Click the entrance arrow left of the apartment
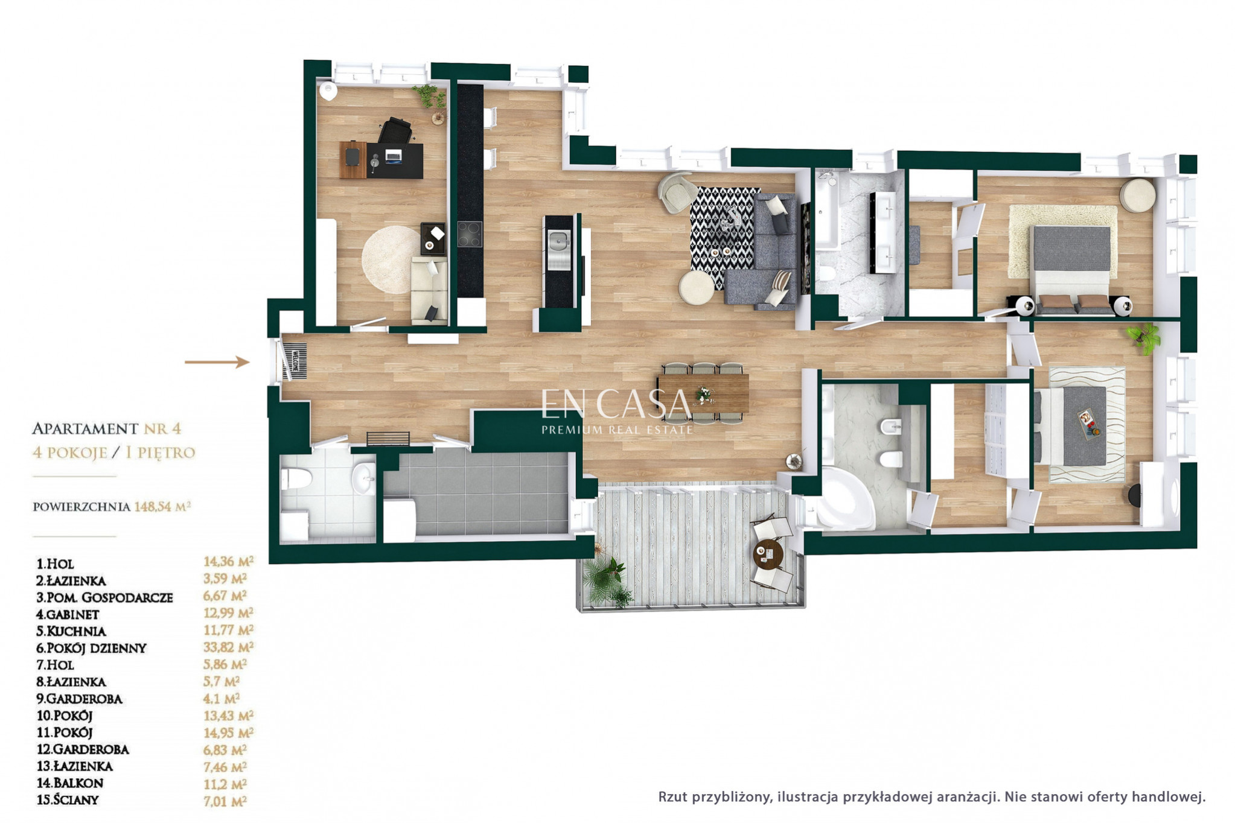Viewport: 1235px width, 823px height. click(217, 362)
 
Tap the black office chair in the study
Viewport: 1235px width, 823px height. click(396, 131)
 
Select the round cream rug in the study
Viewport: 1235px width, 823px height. click(391, 260)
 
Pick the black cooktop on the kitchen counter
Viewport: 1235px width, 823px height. click(470, 234)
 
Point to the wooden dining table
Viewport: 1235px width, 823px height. click(703, 393)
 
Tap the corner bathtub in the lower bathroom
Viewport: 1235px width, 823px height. click(844, 498)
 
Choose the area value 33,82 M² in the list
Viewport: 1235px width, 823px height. click(228, 647)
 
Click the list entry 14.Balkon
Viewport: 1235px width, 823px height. click(70, 783)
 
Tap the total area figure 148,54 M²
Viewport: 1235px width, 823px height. click(162, 506)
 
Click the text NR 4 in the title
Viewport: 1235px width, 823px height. click(162, 429)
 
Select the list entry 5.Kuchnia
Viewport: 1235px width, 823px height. click(71, 631)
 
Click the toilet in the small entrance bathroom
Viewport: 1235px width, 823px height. click(296, 480)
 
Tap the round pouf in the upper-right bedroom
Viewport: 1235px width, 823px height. click(1138, 195)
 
